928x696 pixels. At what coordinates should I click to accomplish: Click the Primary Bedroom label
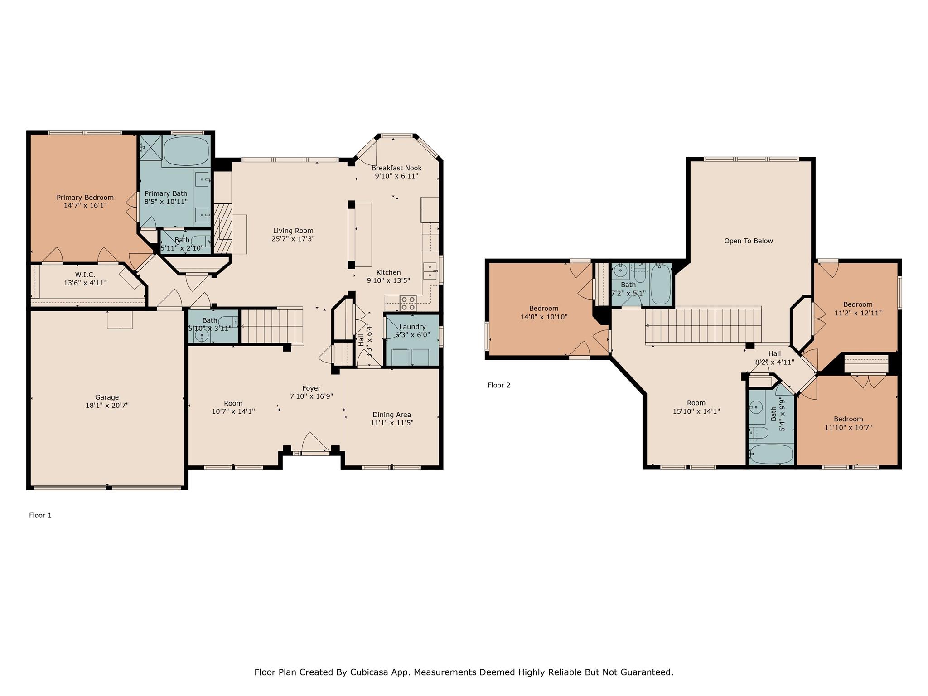click(x=85, y=198)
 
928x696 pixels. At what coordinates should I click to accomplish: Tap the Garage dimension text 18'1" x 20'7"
click(x=107, y=406)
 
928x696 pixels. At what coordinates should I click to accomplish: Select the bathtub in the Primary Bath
click(x=186, y=151)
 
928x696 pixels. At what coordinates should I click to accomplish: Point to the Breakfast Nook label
click(x=396, y=168)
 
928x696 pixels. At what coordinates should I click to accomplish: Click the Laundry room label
click(x=412, y=327)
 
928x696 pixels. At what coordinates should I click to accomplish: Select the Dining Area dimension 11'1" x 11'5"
click(x=392, y=423)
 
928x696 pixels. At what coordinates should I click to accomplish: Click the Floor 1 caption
click(x=40, y=515)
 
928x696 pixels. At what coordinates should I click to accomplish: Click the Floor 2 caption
click(x=499, y=385)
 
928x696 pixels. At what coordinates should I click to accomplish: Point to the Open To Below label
click(x=749, y=241)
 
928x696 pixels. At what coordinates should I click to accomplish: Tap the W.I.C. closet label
click(x=85, y=275)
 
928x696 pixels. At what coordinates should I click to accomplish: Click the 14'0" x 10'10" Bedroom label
click(x=544, y=309)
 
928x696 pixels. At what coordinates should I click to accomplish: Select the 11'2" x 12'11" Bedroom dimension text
click(x=858, y=313)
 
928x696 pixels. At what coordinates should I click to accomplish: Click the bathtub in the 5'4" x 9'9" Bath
click(x=771, y=453)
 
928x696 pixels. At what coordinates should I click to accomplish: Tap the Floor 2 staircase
click(x=702, y=325)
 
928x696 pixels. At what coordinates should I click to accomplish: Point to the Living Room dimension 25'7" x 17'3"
click(x=293, y=239)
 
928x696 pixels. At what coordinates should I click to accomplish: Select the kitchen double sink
click(x=430, y=271)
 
